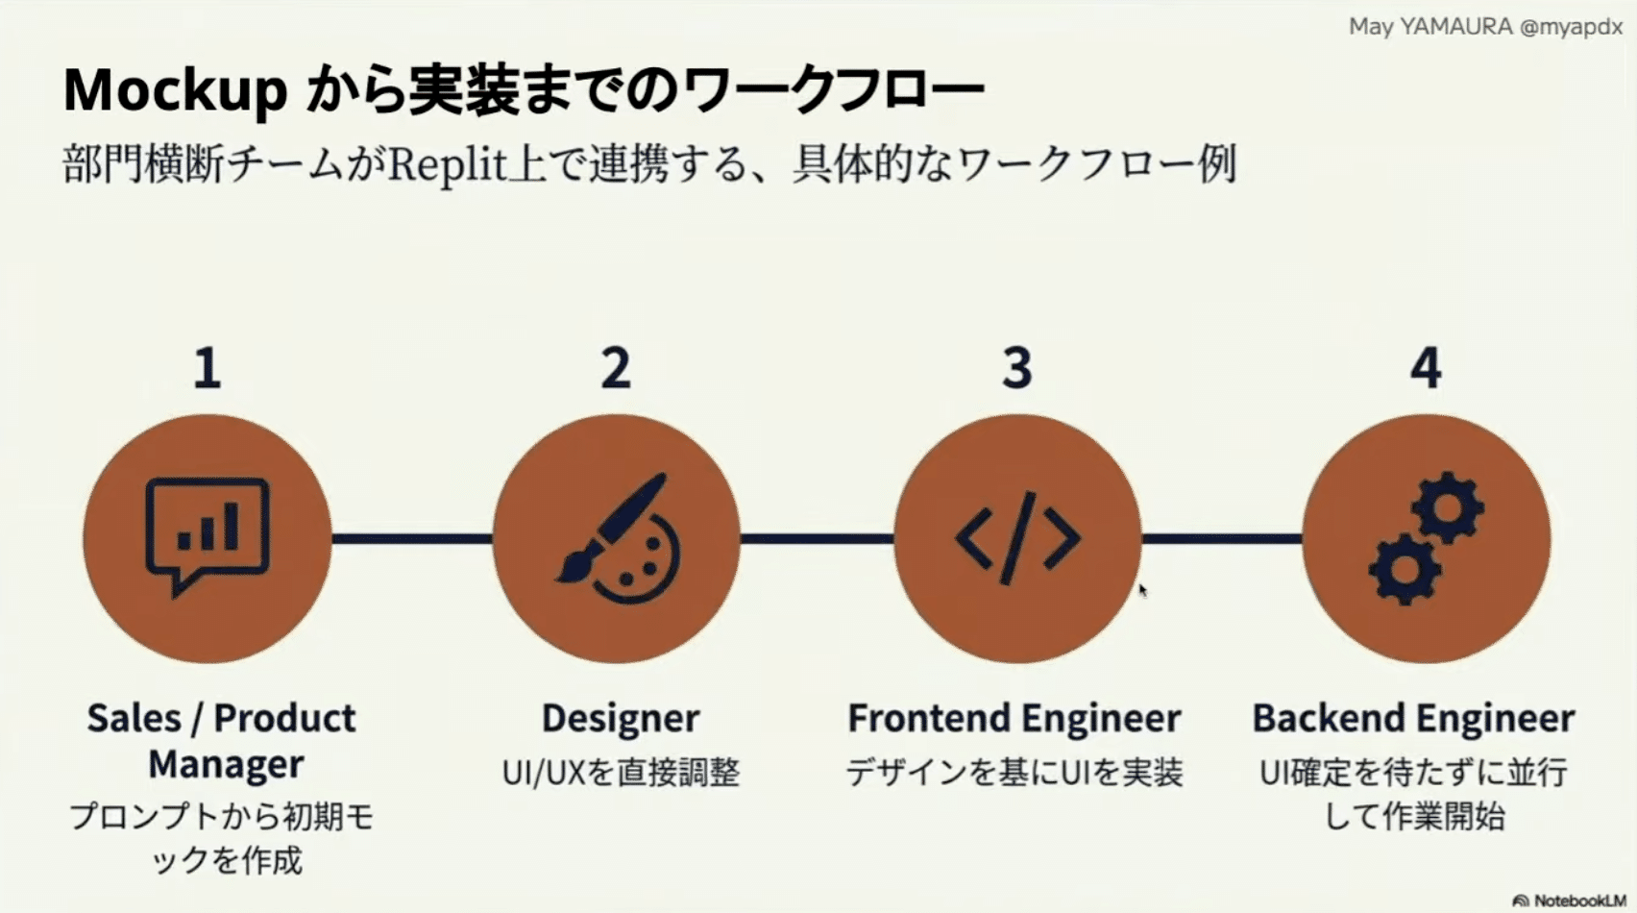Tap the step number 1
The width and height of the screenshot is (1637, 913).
[x=208, y=368]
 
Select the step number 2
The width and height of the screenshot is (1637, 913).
[x=616, y=368]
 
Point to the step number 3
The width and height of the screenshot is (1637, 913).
[x=1017, y=368]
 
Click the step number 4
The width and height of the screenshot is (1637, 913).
[x=1426, y=368]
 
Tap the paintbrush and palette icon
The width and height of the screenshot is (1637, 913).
[x=619, y=538]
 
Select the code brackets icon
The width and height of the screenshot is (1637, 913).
[x=1017, y=539]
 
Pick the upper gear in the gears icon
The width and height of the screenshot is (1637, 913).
[x=1448, y=508]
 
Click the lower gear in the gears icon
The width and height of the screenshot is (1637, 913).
[x=1405, y=570]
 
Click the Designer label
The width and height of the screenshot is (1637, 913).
[x=621, y=718]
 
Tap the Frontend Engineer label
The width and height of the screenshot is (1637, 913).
[x=1014, y=718]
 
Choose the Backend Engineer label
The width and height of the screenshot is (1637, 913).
[x=1414, y=718]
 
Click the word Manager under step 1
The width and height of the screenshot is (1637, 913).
[x=226, y=765]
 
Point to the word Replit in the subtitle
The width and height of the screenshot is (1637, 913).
[x=448, y=165]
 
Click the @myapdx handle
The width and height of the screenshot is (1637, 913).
[x=1572, y=27]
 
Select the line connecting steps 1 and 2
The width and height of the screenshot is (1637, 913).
[x=412, y=539]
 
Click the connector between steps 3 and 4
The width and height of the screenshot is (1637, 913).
[x=1222, y=539]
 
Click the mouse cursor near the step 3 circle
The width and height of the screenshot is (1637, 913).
[x=1143, y=591]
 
